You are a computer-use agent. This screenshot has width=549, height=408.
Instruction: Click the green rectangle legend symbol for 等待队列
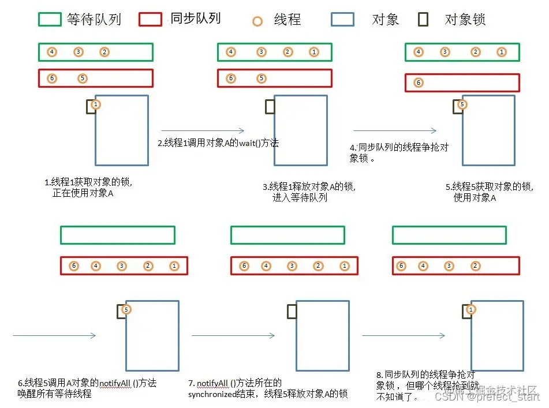(50, 19)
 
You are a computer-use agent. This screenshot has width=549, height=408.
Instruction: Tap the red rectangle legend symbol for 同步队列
(151, 19)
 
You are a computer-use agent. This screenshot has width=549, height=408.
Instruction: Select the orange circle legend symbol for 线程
(258, 21)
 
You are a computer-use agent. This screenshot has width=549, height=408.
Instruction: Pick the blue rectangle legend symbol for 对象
(342, 20)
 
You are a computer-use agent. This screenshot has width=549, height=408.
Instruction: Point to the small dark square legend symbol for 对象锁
(423, 20)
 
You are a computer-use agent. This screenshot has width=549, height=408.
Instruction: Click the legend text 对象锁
(465, 20)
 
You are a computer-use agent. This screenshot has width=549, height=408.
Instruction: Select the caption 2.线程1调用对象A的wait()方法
(218, 143)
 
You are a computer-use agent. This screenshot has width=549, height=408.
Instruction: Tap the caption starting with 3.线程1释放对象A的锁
(309, 192)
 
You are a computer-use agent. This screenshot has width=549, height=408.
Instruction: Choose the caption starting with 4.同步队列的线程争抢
(398, 152)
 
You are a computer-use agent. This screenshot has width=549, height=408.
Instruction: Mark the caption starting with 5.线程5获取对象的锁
(490, 192)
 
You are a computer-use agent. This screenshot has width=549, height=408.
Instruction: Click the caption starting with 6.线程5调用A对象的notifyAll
(87, 388)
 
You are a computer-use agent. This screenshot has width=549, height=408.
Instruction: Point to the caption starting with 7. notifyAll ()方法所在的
(267, 388)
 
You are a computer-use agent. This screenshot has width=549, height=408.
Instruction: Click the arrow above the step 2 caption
(203, 131)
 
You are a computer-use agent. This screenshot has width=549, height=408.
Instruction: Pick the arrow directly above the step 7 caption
(233, 335)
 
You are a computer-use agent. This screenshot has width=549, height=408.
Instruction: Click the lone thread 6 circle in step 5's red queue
(419, 83)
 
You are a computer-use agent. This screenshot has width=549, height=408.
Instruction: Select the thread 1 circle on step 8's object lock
(470, 310)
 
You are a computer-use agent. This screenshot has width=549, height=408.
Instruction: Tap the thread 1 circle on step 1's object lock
(96, 104)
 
